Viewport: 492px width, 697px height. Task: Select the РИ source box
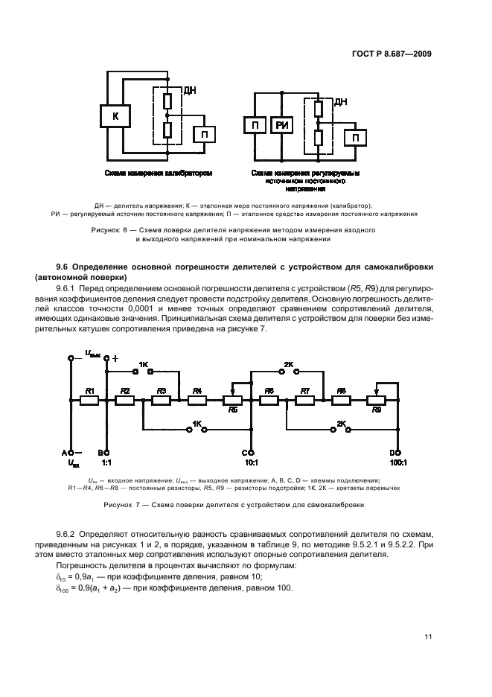click(282, 126)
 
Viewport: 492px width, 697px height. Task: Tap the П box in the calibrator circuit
click(205, 134)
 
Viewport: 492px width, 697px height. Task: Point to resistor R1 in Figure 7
click(90, 400)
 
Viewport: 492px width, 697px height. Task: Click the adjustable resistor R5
click(234, 401)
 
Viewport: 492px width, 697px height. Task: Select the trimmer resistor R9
click(377, 401)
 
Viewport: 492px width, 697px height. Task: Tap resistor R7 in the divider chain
click(305, 400)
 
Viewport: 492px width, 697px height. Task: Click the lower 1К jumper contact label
click(197, 424)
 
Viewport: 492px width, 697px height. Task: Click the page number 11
click(428, 636)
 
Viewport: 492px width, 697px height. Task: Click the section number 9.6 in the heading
click(64, 266)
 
